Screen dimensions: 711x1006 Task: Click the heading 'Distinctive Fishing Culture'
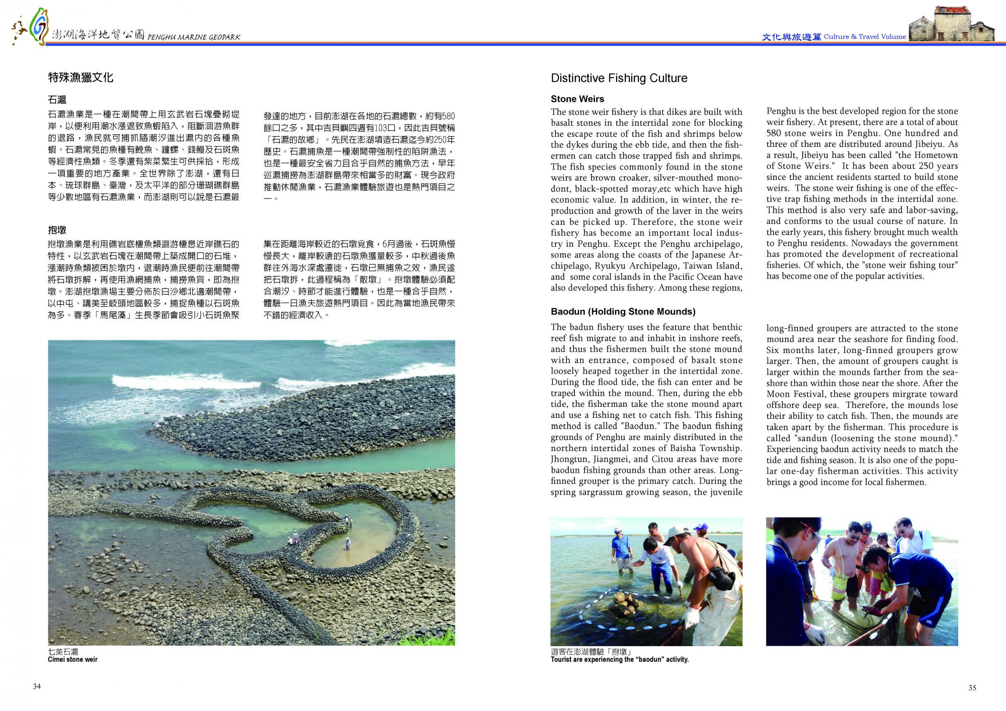click(x=619, y=78)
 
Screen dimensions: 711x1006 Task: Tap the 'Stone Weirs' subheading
click(x=577, y=99)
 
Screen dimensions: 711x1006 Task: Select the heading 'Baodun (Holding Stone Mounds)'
click(x=623, y=312)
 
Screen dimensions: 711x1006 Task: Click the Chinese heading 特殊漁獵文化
click(x=80, y=77)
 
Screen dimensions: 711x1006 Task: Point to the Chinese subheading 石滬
click(x=57, y=100)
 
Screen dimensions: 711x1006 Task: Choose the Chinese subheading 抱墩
click(x=57, y=230)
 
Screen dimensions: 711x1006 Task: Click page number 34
click(x=37, y=687)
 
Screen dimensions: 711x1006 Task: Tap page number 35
click(x=972, y=688)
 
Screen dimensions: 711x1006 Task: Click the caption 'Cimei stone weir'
click(x=72, y=659)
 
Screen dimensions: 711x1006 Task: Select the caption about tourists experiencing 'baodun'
click(x=619, y=659)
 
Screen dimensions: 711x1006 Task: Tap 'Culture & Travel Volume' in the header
click(x=865, y=37)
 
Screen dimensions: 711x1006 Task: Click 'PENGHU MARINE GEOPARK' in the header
click(x=194, y=37)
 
